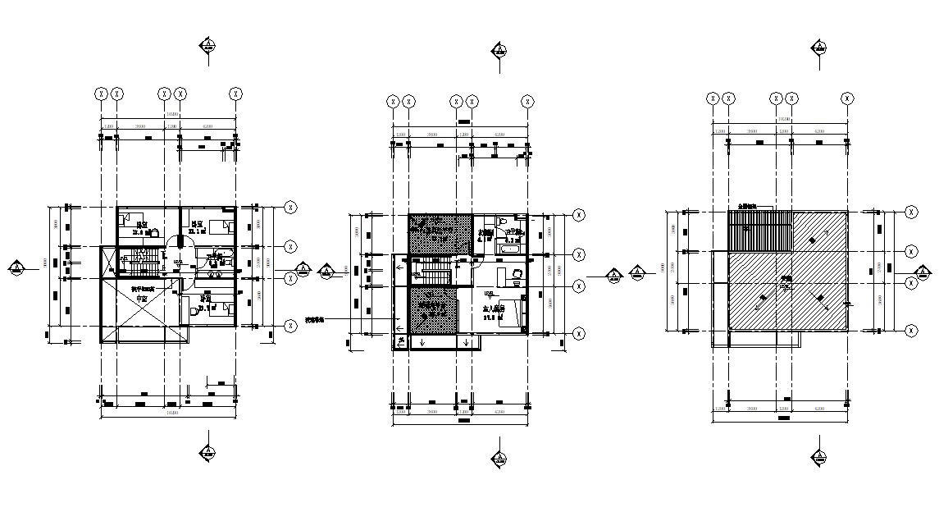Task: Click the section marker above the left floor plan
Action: click(x=208, y=46)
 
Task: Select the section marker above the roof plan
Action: click(x=818, y=48)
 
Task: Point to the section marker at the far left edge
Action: click(x=16, y=267)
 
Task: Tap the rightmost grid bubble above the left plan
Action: click(x=236, y=94)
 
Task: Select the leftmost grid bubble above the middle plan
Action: click(x=393, y=101)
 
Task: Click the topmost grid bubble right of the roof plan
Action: click(x=911, y=212)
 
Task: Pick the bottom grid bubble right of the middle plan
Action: click(x=579, y=333)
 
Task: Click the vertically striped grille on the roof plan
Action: click(x=759, y=231)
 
